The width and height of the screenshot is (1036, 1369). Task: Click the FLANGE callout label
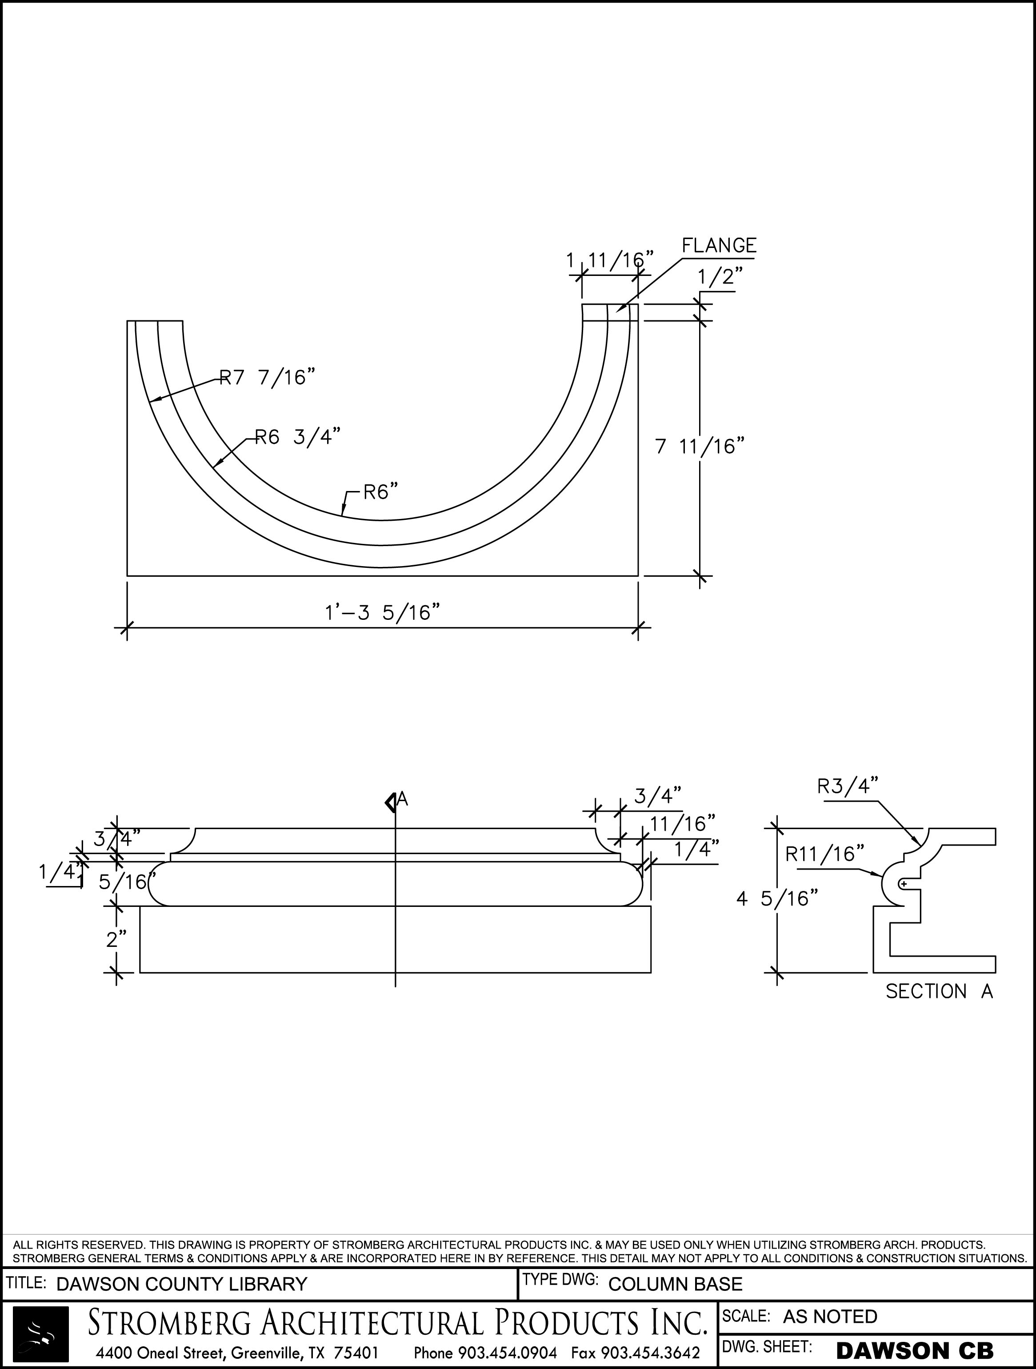coord(719,246)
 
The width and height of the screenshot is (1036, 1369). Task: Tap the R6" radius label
coord(380,493)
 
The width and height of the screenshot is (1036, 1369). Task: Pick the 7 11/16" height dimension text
coord(699,446)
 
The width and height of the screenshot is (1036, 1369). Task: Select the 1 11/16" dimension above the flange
coord(610,260)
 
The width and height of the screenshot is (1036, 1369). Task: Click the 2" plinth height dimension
coord(116,939)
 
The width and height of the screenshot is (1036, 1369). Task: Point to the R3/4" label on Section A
coord(848,786)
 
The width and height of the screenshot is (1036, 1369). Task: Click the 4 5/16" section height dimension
coord(777,898)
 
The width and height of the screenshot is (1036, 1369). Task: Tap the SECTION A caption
coord(938,991)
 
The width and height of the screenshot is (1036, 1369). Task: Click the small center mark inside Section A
coord(904,884)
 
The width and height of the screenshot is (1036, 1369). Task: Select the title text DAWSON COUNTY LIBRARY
coord(181,1284)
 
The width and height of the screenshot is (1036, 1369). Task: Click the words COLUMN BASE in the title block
coord(675,1284)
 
